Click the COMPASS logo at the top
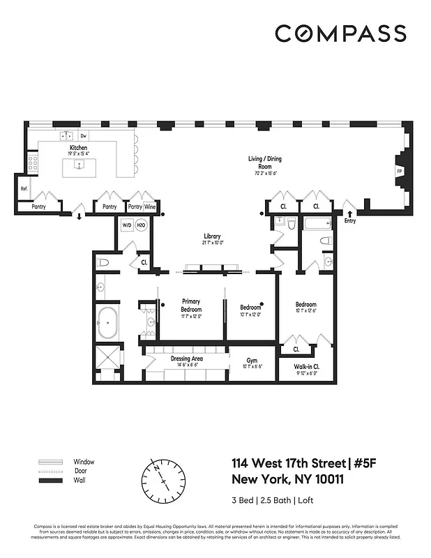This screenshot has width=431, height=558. pos(340,33)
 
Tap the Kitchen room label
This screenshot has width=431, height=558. pos(77,149)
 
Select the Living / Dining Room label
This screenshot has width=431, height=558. pos(265,163)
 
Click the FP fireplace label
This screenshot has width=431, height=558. pos(400,171)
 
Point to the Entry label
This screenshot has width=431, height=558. pos(349,220)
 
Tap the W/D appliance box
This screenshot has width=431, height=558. pos(127,225)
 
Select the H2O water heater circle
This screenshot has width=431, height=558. pos(140,225)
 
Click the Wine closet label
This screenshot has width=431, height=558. pos(150,207)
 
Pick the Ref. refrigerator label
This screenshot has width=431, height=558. pos(24,188)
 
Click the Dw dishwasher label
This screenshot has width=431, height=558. pos(83,136)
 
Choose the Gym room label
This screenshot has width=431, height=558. pos(251,361)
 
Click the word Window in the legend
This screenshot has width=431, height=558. pos(84,462)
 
